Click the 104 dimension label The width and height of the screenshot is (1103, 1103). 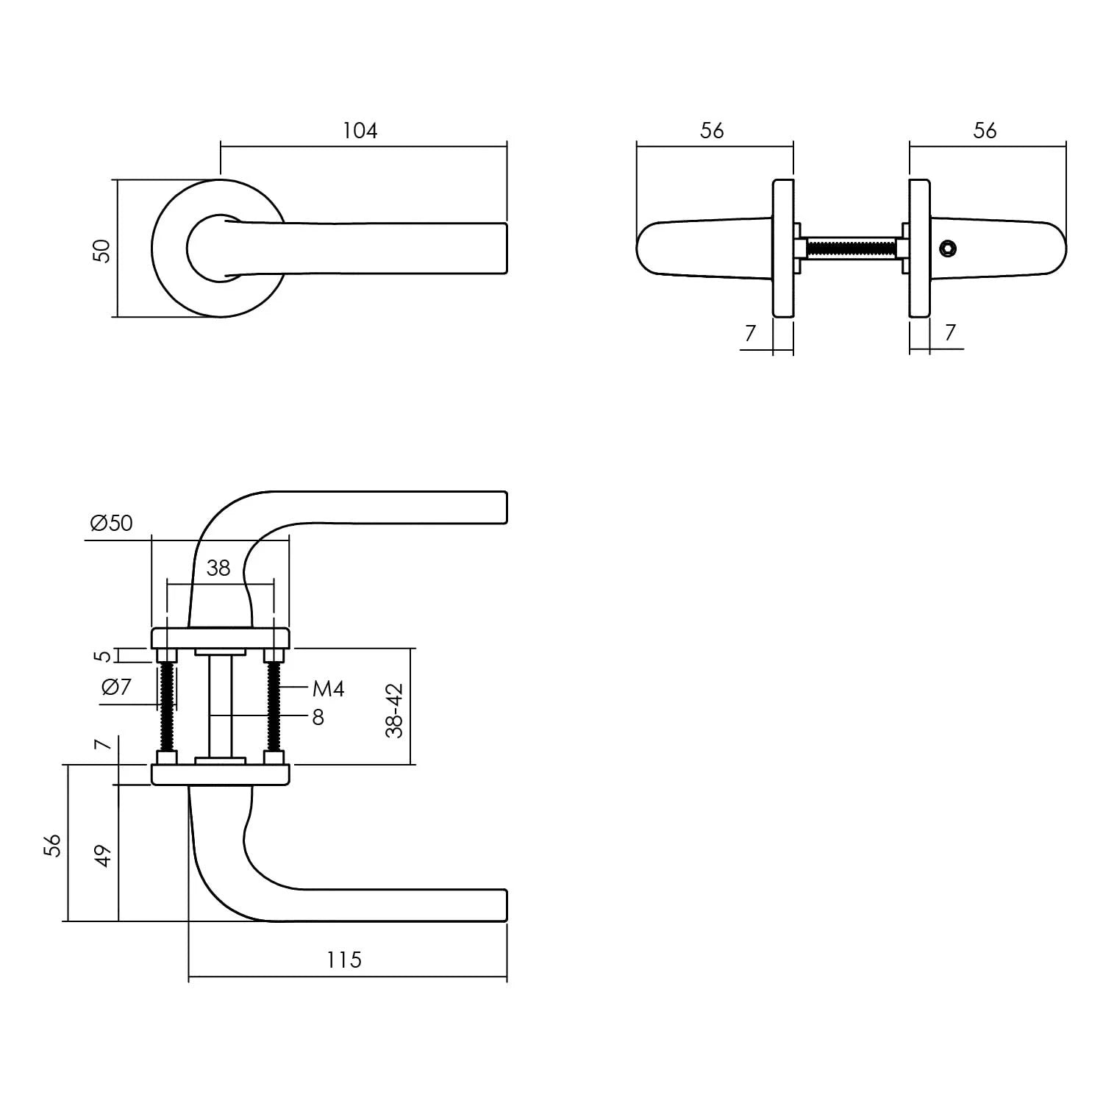pyautogui.click(x=360, y=131)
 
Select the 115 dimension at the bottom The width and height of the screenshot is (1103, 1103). pyautogui.click(x=344, y=960)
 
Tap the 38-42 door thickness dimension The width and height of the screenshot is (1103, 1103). pyautogui.click(x=395, y=710)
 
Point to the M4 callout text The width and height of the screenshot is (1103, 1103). pyautogui.click(x=328, y=689)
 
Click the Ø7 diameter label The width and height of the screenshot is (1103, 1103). pyautogui.click(x=116, y=687)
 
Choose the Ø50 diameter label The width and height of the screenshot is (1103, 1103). pyautogui.click(x=111, y=523)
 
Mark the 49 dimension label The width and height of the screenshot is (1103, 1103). pyautogui.click(x=104, y=855)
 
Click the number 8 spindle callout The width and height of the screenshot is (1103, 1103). pyautogui.click(x=318, y=717)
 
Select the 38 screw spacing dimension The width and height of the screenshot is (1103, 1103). pyautogui.click(x=218, y=568)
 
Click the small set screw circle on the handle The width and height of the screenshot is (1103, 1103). pyautogui.click(x=949, y=249)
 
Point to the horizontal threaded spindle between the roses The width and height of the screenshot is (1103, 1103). pyautogui.click(x=851, y=249)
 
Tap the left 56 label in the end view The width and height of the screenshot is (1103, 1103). pyautogui.click(x=712, y=131)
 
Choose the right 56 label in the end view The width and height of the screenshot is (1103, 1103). pyautogui.click(x=985, y=131)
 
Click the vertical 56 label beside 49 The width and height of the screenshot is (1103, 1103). pyautogui.click(x=52, y=845)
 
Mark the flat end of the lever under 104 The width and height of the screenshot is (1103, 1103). pyautogui.click(x=504, y=249)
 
